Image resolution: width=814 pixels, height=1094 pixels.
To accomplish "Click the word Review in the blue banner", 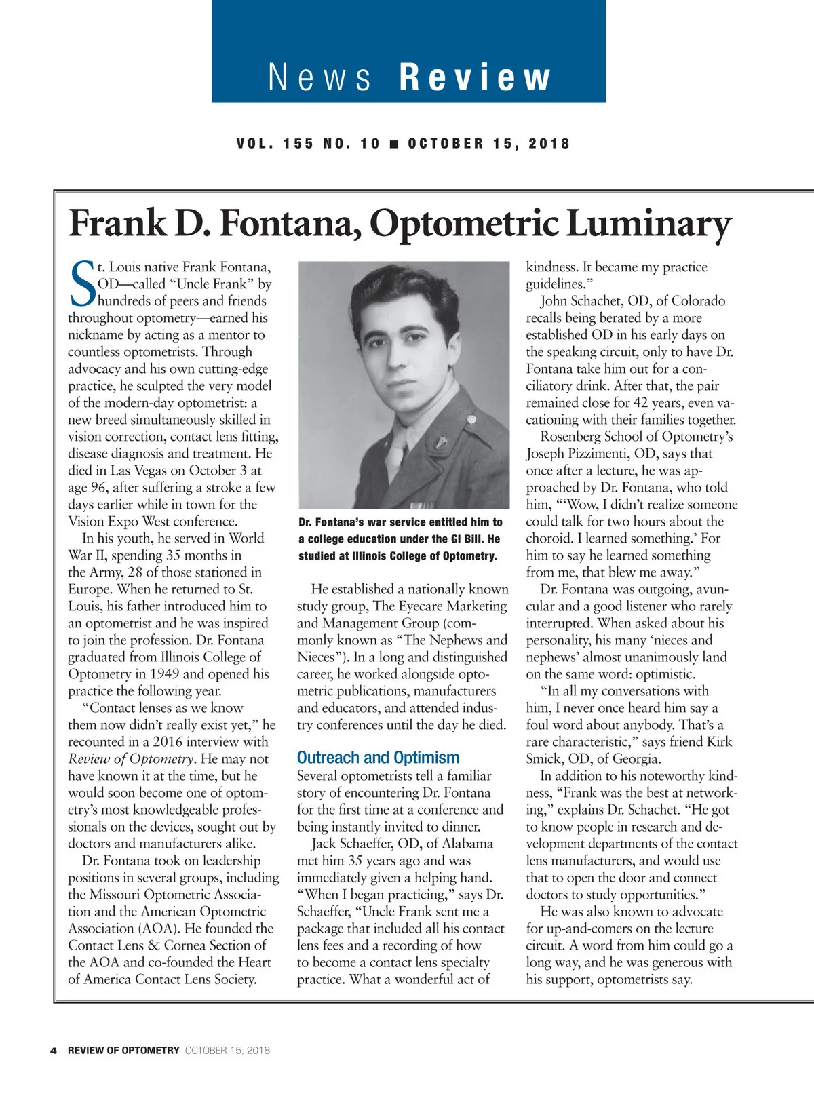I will click(x=475, y=77).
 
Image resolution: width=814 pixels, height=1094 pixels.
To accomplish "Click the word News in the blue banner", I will click(x=320, y=77).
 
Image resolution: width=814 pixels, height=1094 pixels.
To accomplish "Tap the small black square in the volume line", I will click(x=393, y=144).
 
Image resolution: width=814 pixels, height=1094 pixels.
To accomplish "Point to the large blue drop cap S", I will click(x=82, y=284).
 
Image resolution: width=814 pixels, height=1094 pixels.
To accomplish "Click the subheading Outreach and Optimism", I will click(x=378, y=758).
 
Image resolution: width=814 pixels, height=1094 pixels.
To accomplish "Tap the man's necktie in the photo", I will click(x=395, y=451).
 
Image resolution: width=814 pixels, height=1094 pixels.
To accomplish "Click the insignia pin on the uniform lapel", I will click(x=440, y=444).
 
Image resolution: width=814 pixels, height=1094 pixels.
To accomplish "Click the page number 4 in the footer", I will click(x=53, y=1051).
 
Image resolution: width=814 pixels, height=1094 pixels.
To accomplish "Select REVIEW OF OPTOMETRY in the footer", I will click(x=123, y=1051).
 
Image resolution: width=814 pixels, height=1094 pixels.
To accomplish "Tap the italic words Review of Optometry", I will click(x=131, y=759).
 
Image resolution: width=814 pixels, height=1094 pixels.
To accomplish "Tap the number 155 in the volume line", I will click(x=298, y=144).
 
